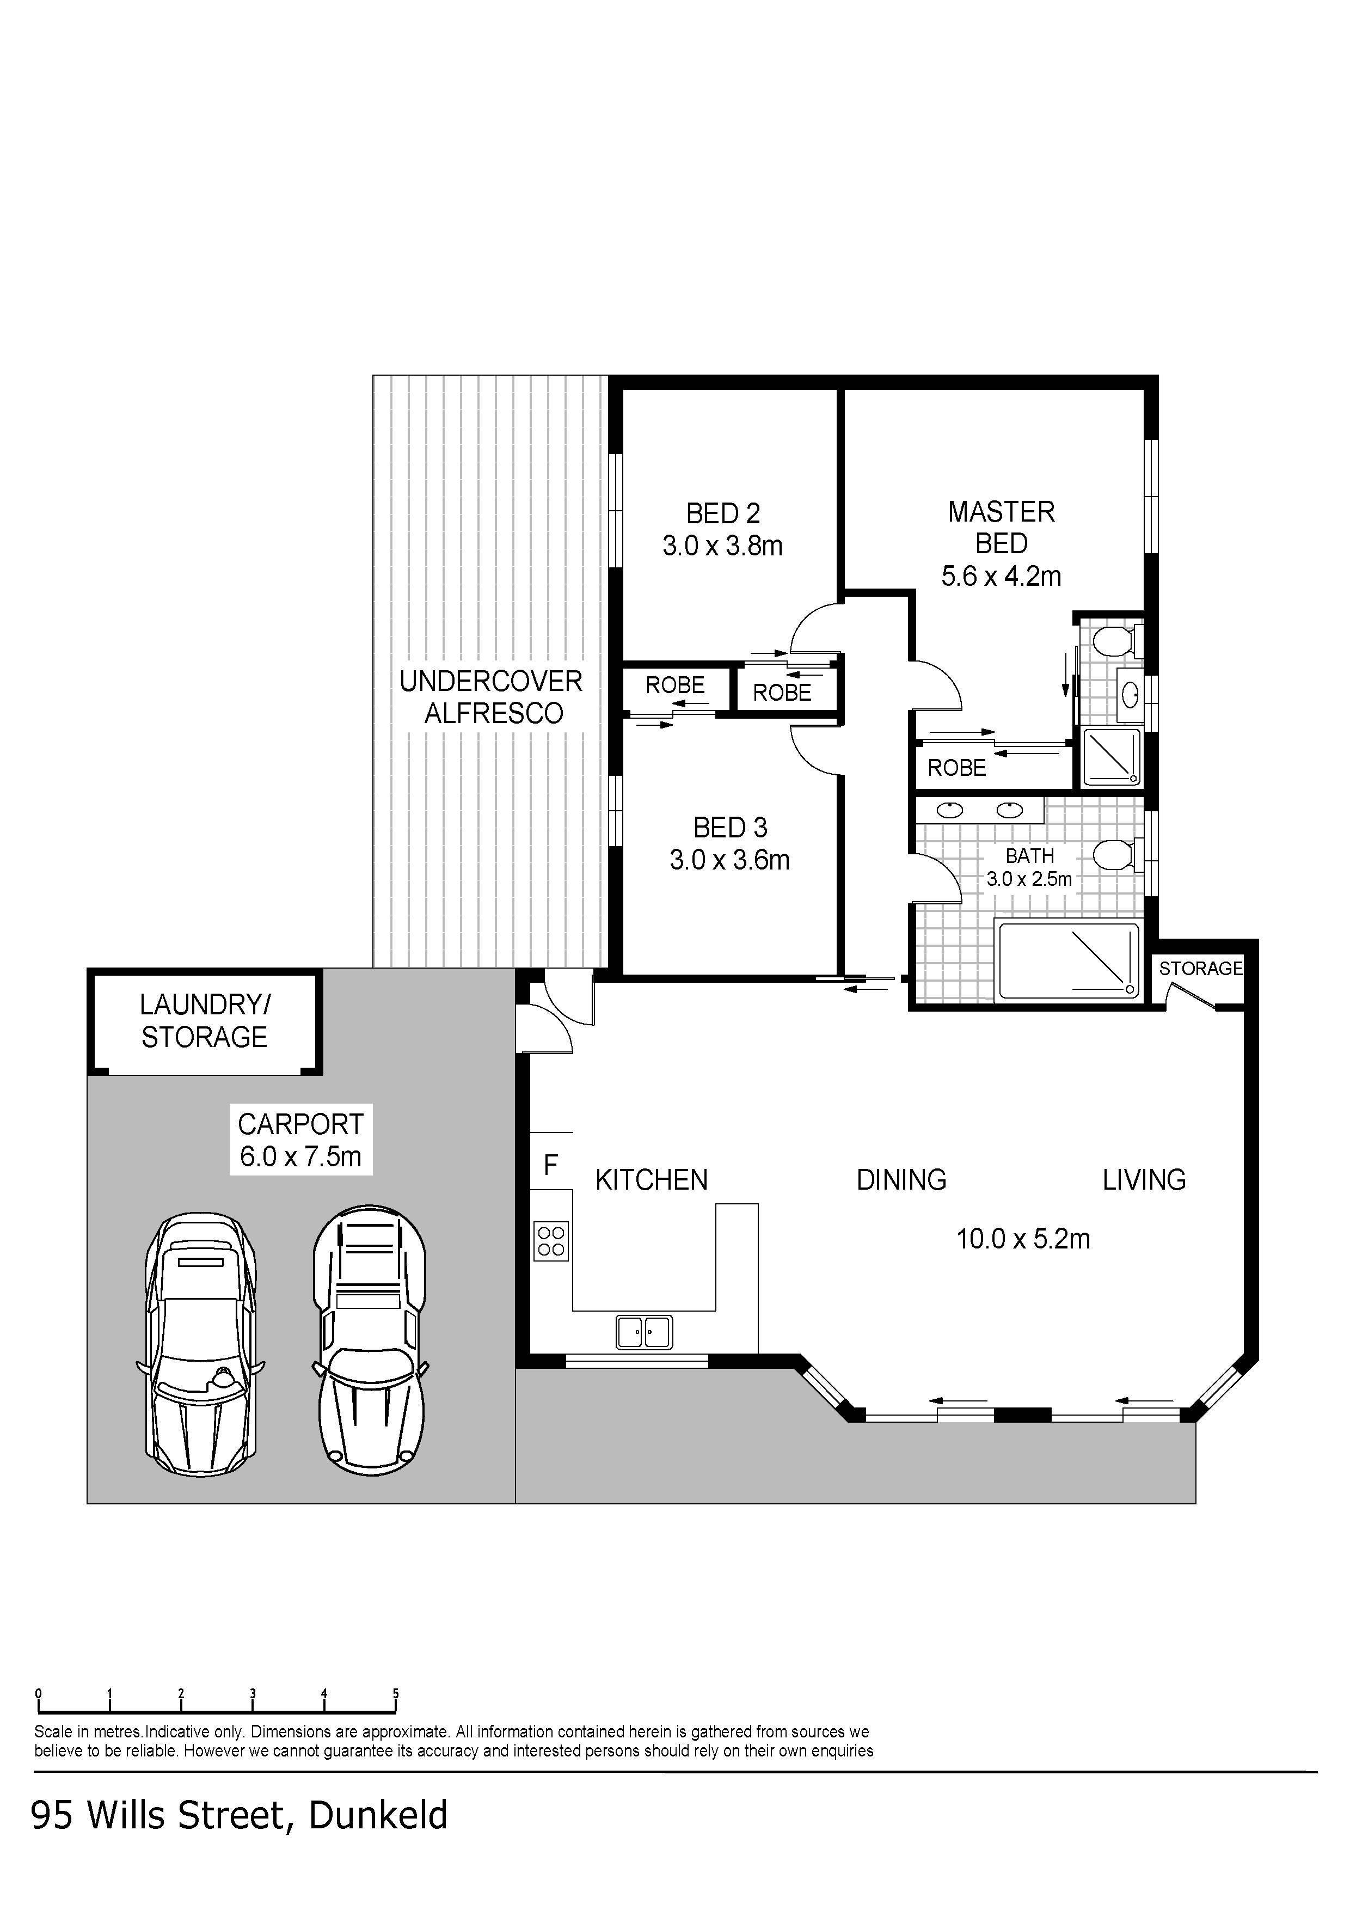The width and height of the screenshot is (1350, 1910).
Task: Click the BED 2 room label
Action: [x=723, y=513]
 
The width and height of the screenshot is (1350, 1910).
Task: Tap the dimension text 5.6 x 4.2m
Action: [x=1002, y=576]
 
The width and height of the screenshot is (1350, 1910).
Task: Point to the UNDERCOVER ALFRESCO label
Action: [x=492, y=697]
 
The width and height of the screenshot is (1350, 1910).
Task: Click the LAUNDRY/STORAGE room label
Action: [x=205, y=1021]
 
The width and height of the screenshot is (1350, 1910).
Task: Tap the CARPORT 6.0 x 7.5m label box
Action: [x=300, y=1140]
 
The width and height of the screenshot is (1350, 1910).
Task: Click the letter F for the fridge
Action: [x=551, y=1166]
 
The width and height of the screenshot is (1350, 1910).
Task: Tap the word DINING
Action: [x=901, y=1180]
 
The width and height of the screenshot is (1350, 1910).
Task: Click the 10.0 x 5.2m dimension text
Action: [x=1023, y=1239]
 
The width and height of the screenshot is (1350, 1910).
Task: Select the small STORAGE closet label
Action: [x=1200, y=968]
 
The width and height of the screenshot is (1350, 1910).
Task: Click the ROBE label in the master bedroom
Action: [x=956, y=768]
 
